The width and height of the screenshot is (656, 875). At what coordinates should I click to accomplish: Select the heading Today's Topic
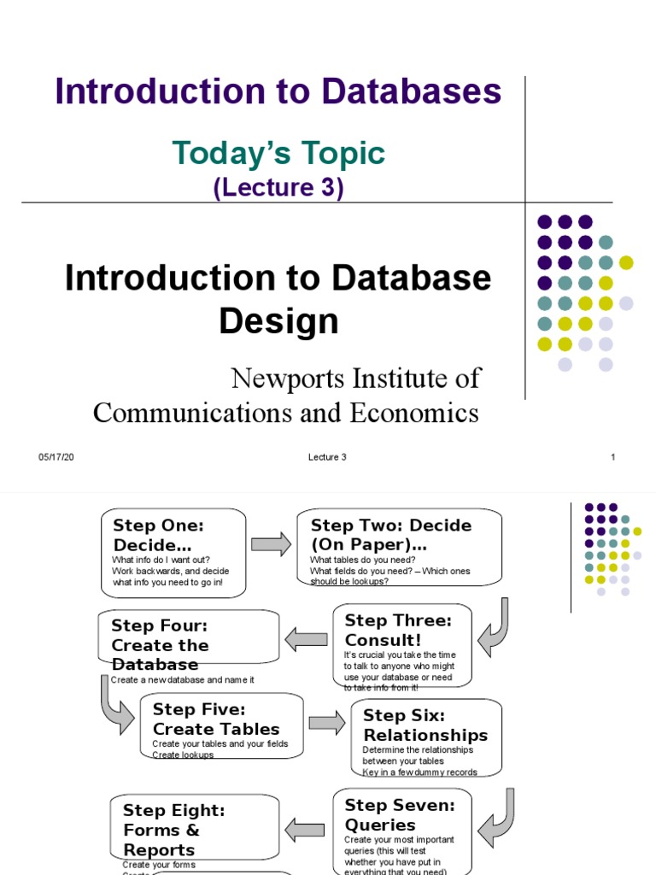pos(278,154)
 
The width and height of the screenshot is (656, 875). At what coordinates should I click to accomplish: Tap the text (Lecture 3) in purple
pos(278,188)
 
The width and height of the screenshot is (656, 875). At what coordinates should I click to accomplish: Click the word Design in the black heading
pos(278,321)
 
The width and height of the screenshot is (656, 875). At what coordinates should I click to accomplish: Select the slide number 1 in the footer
pos(612,457)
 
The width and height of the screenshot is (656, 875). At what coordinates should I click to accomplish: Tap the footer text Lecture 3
pos(327,457)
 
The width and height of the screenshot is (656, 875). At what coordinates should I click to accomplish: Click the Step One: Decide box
pos(173,552)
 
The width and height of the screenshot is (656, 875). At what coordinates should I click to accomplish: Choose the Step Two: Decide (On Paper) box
pos(399,548)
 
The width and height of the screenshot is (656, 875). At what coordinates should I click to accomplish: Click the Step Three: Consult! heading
pos(397,631)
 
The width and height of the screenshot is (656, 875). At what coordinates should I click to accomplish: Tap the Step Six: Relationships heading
pos(425,725)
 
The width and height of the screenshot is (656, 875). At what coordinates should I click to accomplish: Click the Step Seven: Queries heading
pos(400,815)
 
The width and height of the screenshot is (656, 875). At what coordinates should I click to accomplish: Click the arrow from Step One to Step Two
pos(271,544)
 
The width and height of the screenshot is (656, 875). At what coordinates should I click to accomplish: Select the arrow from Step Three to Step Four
pos(306,639)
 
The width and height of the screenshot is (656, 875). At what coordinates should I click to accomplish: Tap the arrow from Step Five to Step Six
pos(327,723)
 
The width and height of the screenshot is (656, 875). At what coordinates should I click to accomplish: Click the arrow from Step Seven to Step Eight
pos(304,828)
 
